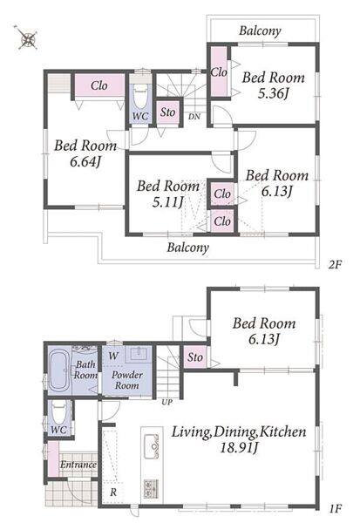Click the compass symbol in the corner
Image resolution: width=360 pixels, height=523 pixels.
pos(27,38)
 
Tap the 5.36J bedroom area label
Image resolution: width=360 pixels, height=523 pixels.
pos(273,94)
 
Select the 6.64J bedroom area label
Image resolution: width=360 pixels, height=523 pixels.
pos(85,162)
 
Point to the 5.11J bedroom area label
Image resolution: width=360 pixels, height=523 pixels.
pos(168,202)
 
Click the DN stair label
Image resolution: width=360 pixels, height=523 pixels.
pos(194,117)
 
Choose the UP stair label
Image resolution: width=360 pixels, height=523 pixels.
pos(166,402)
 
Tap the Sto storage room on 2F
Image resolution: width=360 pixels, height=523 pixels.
pos(167,112)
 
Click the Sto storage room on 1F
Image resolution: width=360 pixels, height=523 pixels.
pos(195,357)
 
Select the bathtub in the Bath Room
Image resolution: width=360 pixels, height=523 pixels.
pos(58,370)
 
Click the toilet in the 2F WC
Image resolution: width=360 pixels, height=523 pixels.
pos(140,96)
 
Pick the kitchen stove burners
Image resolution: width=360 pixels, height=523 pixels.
pos(151,489)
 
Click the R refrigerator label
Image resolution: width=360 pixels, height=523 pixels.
pos(113,492)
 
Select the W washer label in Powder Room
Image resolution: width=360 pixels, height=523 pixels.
pos(113,356)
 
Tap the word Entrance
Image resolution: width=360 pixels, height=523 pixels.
pos(78,465)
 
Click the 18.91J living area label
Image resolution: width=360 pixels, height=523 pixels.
pos(239,448)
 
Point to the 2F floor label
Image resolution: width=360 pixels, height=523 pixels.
pos(335,265)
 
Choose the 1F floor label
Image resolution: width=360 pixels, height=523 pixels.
pos(336,509)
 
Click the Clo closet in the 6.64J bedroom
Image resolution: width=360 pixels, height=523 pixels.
pos(99,85)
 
